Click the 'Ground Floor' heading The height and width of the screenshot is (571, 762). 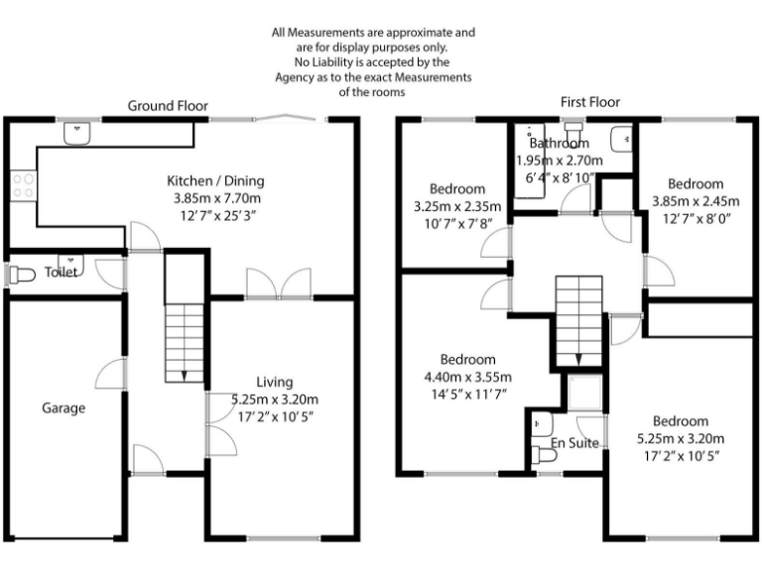click(x=168, y=106)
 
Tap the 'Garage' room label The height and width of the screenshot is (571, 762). click(x=63, y=407)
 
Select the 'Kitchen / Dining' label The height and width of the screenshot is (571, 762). click(x=214, y=180)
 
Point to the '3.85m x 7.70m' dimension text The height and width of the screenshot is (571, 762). click(x=214, y=198)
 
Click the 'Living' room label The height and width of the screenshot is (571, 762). click(x=275, y=382)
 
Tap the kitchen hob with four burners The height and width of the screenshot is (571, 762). click(x=22, y=183)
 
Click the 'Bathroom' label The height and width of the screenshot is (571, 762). click(x=559, y=144)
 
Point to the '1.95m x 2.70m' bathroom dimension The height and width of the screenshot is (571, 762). click(x=559, y=161)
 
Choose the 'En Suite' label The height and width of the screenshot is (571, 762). click(x=575, y=443)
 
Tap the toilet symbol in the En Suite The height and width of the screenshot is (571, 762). click(x=543, y=455)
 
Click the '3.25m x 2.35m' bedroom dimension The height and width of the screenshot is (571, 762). click(x=457, y=206)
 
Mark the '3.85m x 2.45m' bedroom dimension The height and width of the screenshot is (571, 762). click(x=695, y=201)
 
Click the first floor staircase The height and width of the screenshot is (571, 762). click(x=577, y=310)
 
